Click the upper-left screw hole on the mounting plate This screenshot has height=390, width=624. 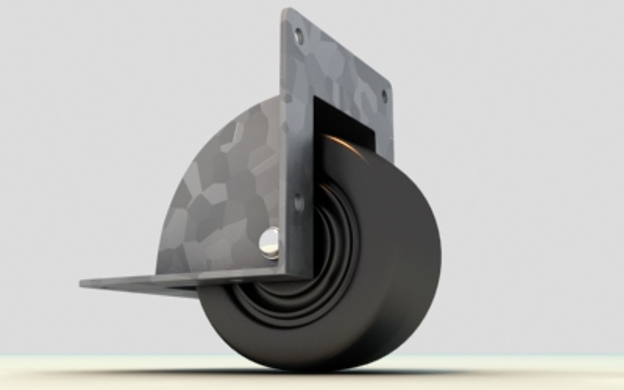pyautogui.click(x=299, y=36)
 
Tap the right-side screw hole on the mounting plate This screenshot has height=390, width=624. pyautogui.click(x=384, y=96)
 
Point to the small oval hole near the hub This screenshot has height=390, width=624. pyautogui.click(x=299, y=203)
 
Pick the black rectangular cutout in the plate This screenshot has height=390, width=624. pyautogui.click(x=343, y=119)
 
